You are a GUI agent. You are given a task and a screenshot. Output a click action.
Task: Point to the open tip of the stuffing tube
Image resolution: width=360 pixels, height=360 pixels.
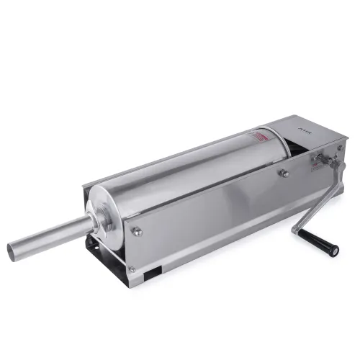[x=14, y=250]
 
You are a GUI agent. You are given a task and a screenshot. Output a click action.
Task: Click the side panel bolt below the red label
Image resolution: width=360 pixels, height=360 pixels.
[x=285, y=174]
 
